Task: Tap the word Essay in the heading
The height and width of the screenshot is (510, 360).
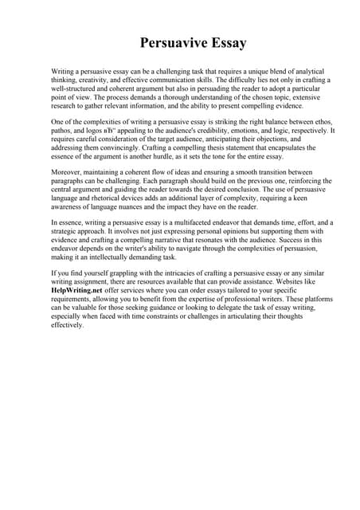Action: pyautogui.click(x=225, y=43)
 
